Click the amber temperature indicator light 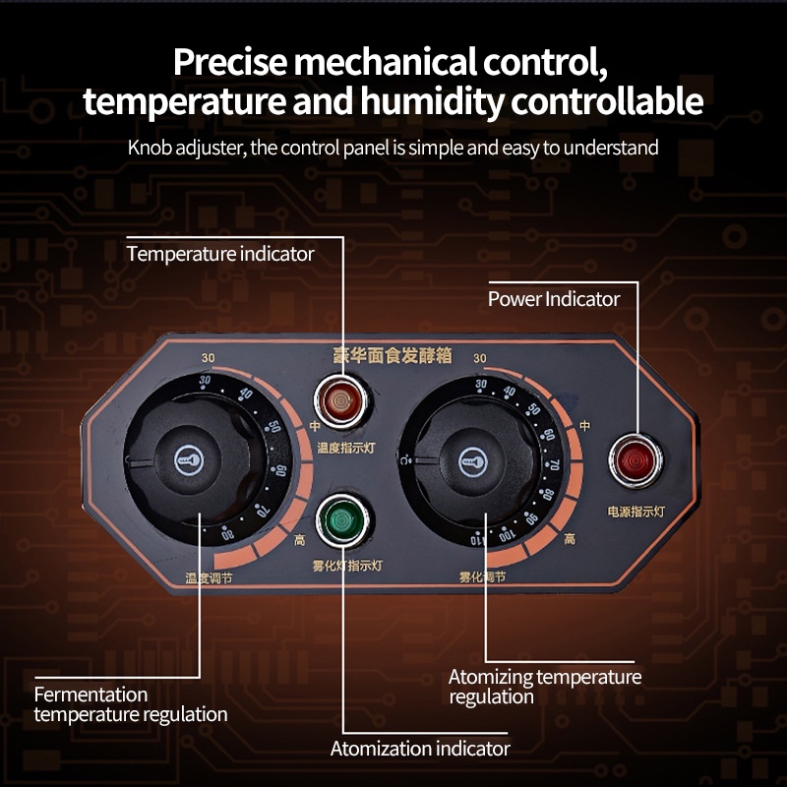(340, 401)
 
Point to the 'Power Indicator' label (554, 298)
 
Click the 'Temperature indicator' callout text (220, 254)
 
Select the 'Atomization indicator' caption (420, 749)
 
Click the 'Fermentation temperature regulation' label (130, 704)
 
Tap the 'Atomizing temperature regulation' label (544, 687)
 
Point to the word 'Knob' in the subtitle (150, 148)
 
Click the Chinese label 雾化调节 (482, 576)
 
